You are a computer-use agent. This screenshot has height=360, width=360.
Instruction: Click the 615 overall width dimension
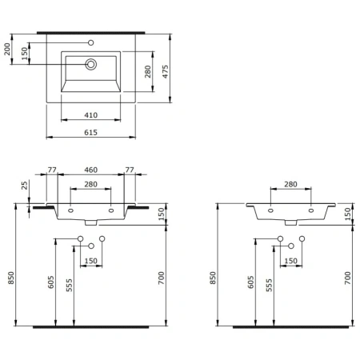click(x=90, y=133)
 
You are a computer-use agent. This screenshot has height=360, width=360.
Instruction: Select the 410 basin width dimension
click(x=90, y=115)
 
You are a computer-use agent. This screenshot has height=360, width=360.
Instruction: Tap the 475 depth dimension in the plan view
click(x=166, y=71)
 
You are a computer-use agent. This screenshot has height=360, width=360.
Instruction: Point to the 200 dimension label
click(x=7, y=49)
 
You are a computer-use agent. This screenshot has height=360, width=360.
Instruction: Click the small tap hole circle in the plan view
click(x=91, y=42)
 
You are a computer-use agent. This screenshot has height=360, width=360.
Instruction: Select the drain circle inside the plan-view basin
click(x=91, y=64)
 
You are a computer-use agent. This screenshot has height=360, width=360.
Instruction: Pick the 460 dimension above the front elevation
click(x=90, y=170)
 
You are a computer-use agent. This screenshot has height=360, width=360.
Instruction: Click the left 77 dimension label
click(x=52, y=170)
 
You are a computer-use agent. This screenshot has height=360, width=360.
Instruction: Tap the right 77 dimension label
click(x=130, y=170)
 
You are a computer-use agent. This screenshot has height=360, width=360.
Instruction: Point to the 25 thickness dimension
click(x=25, y=186)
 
